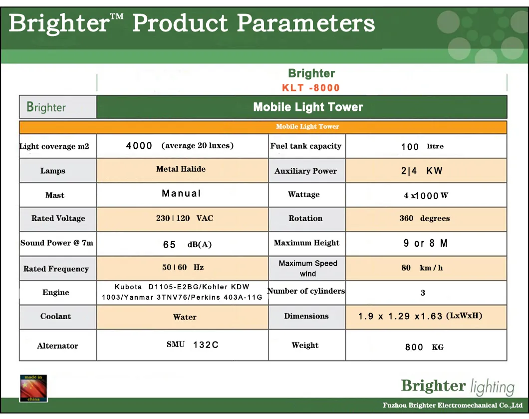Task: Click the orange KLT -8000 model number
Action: pos(311,88)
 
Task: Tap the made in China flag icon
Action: pos(33,388)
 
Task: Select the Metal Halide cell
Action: pos(181,169)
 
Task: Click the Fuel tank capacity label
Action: pos(306,146)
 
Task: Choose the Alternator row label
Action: pos(57,346)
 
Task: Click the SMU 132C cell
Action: pos(193,345)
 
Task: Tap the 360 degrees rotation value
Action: pos(424,218)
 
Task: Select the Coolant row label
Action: pos(55,316)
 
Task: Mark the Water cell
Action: pos(185,317)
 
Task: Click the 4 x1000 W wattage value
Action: pos(426,196)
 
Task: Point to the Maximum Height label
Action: pos(306,243)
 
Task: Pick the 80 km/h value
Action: pos(422,268)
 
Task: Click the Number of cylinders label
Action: pos(306,291)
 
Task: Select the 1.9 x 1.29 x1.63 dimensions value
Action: pos(420,316)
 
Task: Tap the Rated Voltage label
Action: pos(58,218)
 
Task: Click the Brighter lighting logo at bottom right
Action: pos(457,387)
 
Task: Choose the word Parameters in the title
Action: pos(305,23)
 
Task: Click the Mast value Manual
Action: pos(181,193)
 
